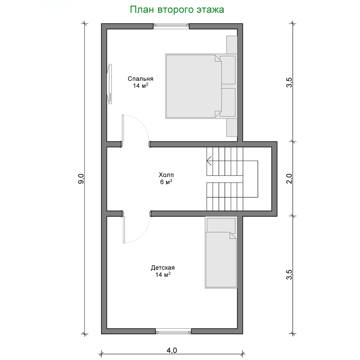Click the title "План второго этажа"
[177, 10]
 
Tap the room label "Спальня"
[140, 79]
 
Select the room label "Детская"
[162, 267]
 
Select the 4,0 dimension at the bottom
[172, 350]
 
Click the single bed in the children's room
[220, 259]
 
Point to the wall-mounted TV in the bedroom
[110, 84]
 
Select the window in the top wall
[171, 26]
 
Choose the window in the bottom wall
[173, 332]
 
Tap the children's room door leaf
[124, 230]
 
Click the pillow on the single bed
[221, 225]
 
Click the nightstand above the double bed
[232, 45]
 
